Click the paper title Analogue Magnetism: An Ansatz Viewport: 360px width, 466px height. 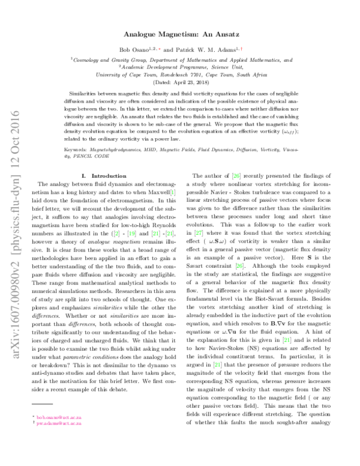tap(180, 35)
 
